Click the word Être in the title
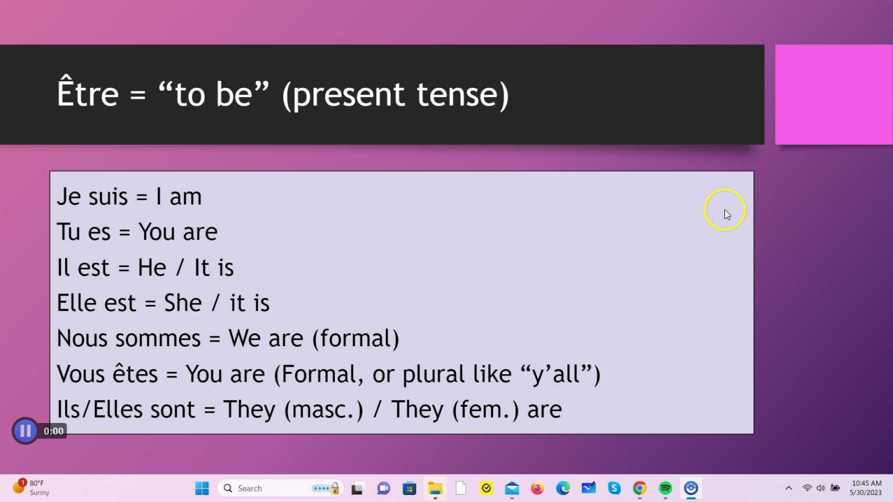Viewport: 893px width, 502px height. [88, 94]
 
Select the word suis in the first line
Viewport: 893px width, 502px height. [108, 197]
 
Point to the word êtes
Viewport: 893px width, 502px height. [135, 374]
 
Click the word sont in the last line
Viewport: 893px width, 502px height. [173, 410]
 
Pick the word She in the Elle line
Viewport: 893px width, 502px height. [183, 303]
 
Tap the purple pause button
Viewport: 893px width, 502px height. [25, 431]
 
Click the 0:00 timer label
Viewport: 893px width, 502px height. [53, 431]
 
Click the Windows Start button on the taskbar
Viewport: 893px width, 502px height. [202, 488]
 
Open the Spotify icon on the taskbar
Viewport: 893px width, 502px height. [665, 488]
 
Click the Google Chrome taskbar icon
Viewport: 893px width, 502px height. [640, 488]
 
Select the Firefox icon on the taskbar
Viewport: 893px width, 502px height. [537, 488]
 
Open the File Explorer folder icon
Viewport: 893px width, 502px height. [435, 488]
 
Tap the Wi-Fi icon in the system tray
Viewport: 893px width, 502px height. [807, 488]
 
